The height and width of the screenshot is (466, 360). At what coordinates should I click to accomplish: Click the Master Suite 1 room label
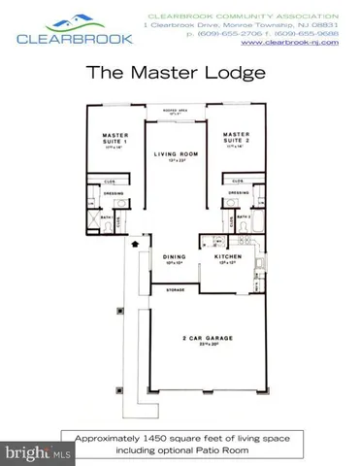116,137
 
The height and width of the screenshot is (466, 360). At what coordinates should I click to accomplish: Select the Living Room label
176,154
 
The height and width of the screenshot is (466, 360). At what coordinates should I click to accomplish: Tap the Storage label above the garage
175,289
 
